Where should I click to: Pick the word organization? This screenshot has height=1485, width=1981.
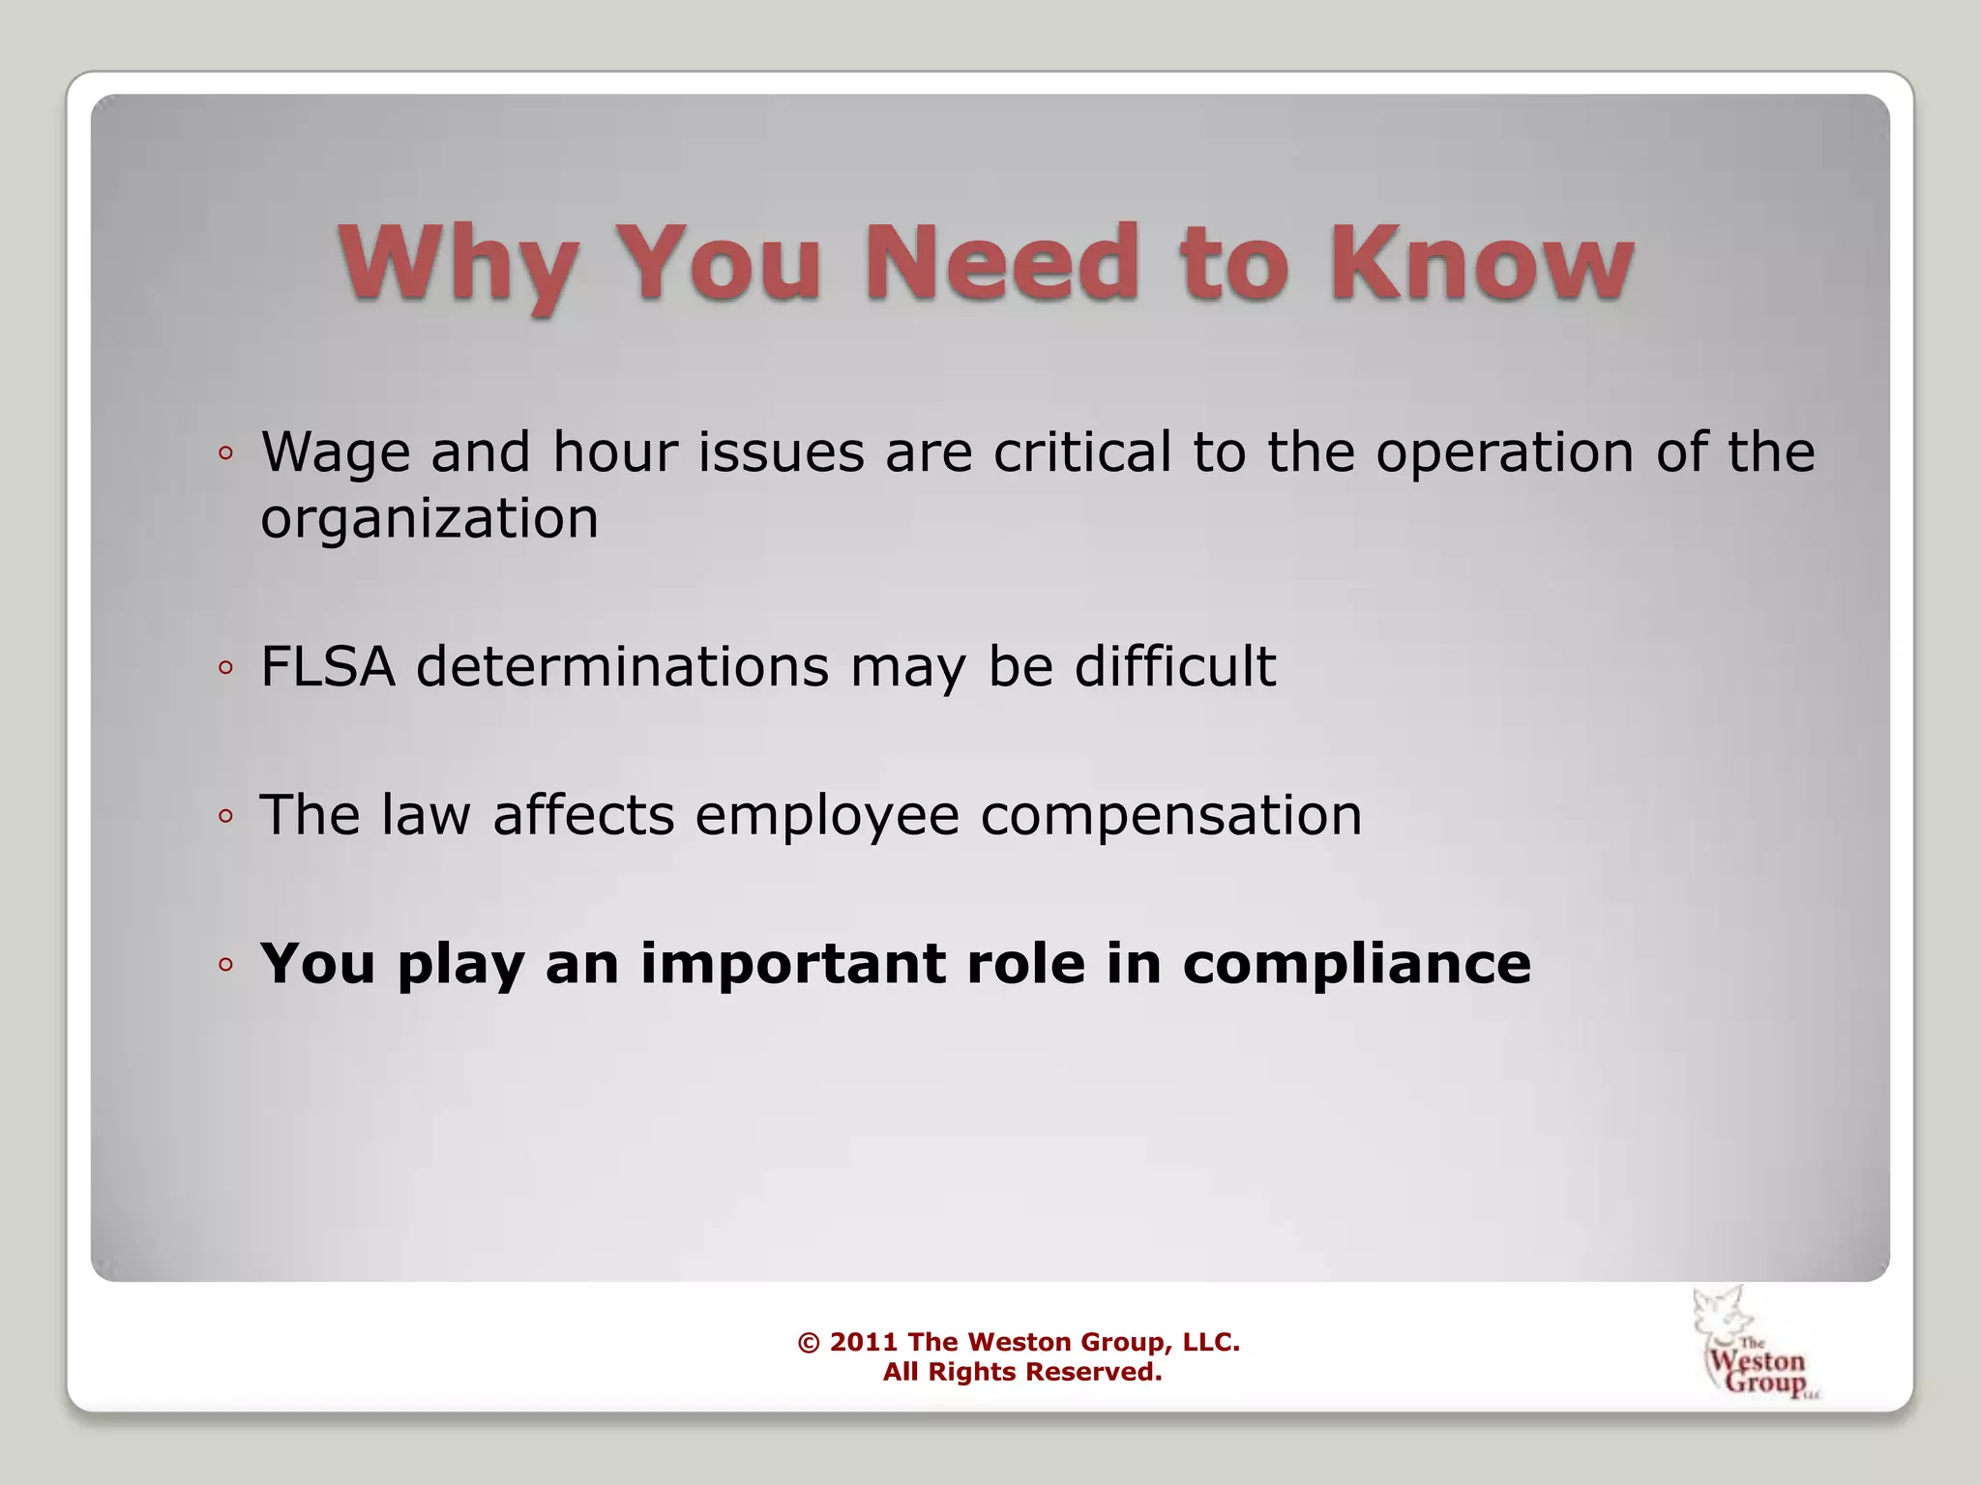429,519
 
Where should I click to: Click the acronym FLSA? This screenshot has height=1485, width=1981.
328,666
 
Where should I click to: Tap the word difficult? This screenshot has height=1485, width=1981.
1174,666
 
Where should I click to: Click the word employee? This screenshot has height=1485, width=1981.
827,815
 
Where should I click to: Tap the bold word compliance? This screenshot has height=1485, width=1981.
1356,966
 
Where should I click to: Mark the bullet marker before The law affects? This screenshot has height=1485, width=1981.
225,816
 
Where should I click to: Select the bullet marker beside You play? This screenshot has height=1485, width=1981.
225,964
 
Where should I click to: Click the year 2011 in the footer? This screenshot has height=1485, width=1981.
864,1342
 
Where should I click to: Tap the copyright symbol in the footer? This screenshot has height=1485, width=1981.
809,1343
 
